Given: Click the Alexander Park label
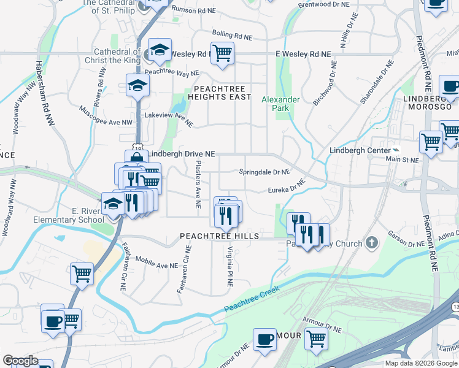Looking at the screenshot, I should (280, 104).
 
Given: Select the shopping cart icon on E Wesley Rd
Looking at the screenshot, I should (222, 53).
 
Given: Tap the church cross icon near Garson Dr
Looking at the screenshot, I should (371, 243).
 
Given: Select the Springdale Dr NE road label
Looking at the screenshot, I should (264, 172).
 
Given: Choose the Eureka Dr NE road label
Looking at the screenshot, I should (287, 186).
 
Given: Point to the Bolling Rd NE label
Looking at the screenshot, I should (232, 36).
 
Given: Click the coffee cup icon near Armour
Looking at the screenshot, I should (265, 339).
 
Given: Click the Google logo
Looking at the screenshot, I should (20, 361).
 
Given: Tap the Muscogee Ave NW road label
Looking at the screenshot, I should (106, 116).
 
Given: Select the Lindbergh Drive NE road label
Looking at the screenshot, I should (182, 154).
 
